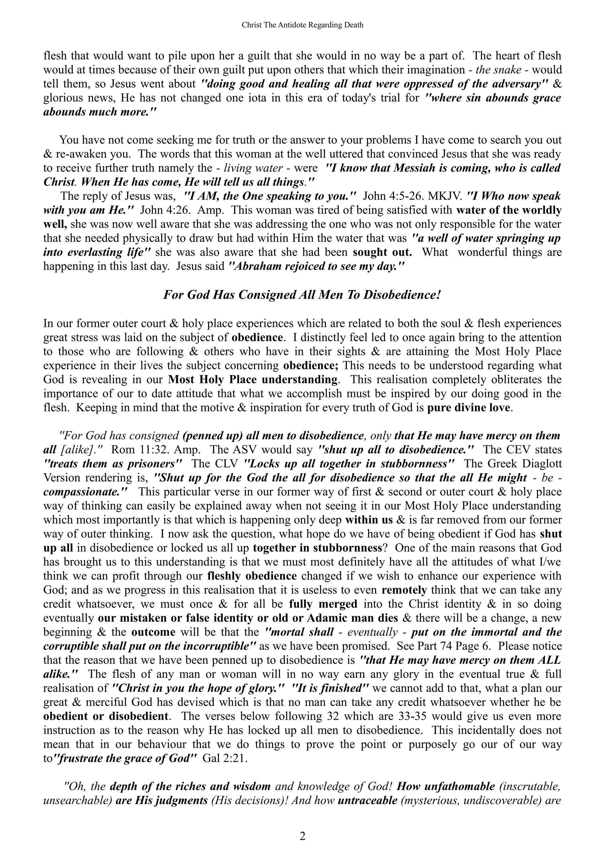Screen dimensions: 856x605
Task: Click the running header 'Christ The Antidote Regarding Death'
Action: pyautogui.click(x=302, y=25)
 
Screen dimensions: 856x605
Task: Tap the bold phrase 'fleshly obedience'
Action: pyautogui.click(x=252, y=576)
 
